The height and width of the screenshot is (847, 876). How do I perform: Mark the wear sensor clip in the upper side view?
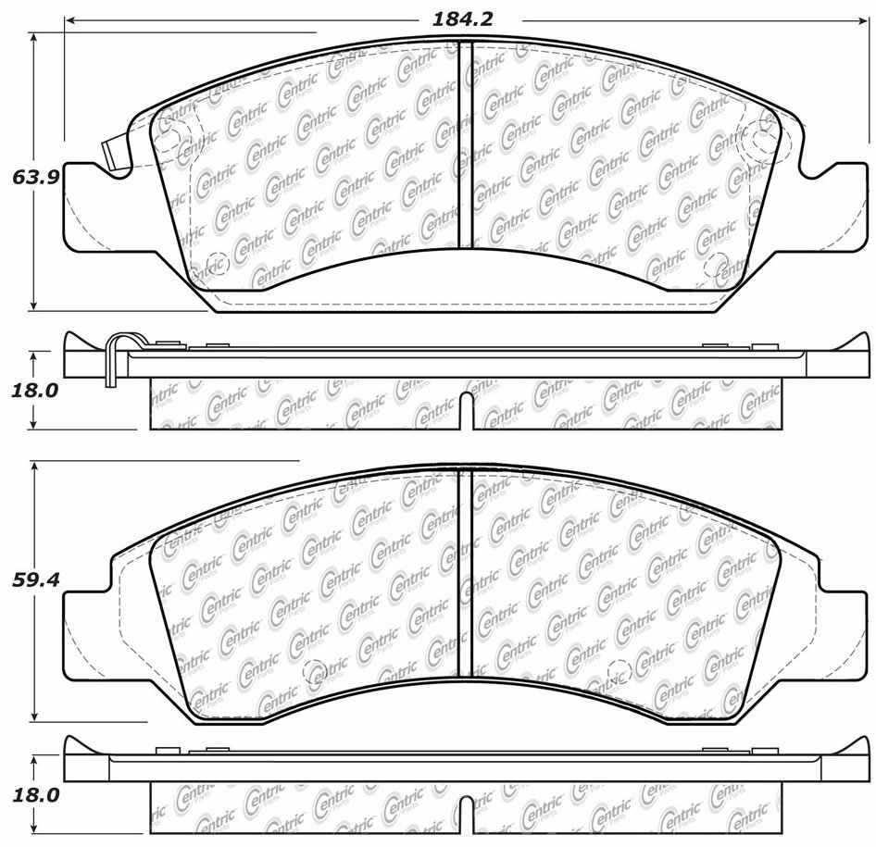113,356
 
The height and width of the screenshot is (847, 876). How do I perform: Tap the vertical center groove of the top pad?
467,148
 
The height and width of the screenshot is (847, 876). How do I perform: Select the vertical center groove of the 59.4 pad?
467,574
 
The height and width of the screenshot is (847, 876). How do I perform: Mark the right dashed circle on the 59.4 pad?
618,669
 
